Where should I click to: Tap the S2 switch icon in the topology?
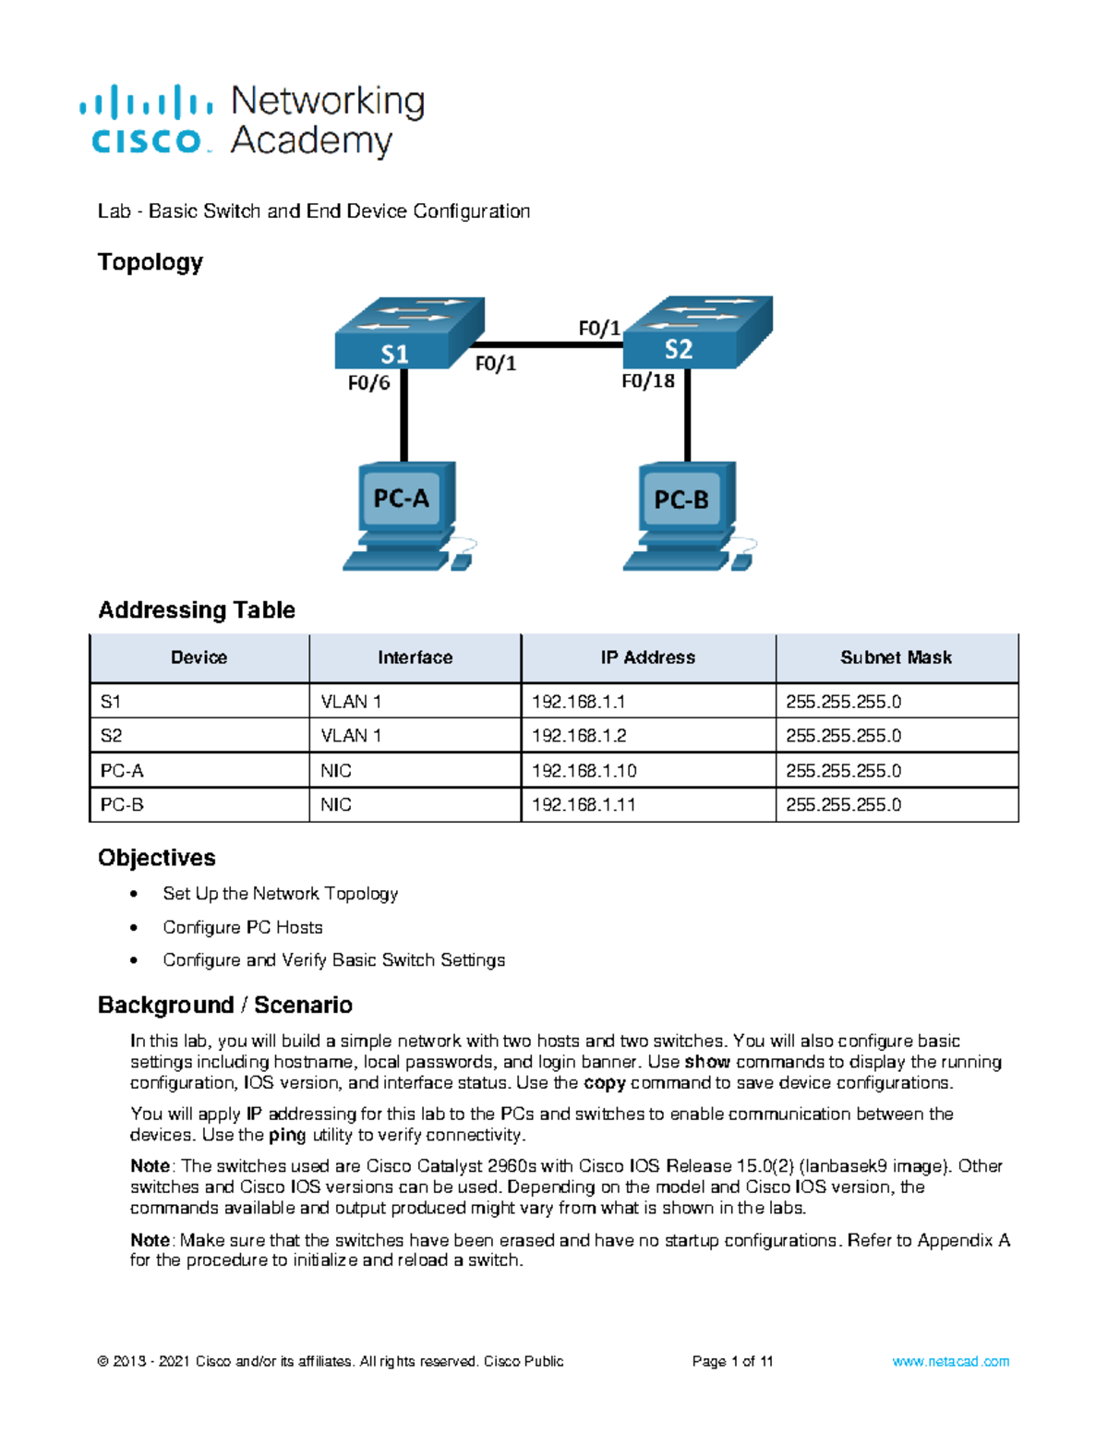(x=697, y=332)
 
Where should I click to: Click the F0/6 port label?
(x=368, y=382)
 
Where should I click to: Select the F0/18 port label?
(x=647, y=380)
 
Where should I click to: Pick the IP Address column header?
(x=647, y=657)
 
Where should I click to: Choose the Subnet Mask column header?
(x=896, y=657)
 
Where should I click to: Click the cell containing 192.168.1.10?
(x=584, y=771)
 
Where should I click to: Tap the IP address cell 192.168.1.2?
(x=578, y=736)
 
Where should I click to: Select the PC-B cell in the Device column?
(x=122, y=805)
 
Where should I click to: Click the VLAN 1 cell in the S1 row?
(x=351, y=702)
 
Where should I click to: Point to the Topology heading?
(x=150, y=262)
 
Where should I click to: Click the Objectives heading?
(x=156, y=858)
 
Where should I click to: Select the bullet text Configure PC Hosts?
(x=243, y=927)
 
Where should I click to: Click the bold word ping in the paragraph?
(x=287, y=1135)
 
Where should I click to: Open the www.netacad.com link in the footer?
(x=950, y=1361)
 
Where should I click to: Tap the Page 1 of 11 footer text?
(x=732, y=1361)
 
